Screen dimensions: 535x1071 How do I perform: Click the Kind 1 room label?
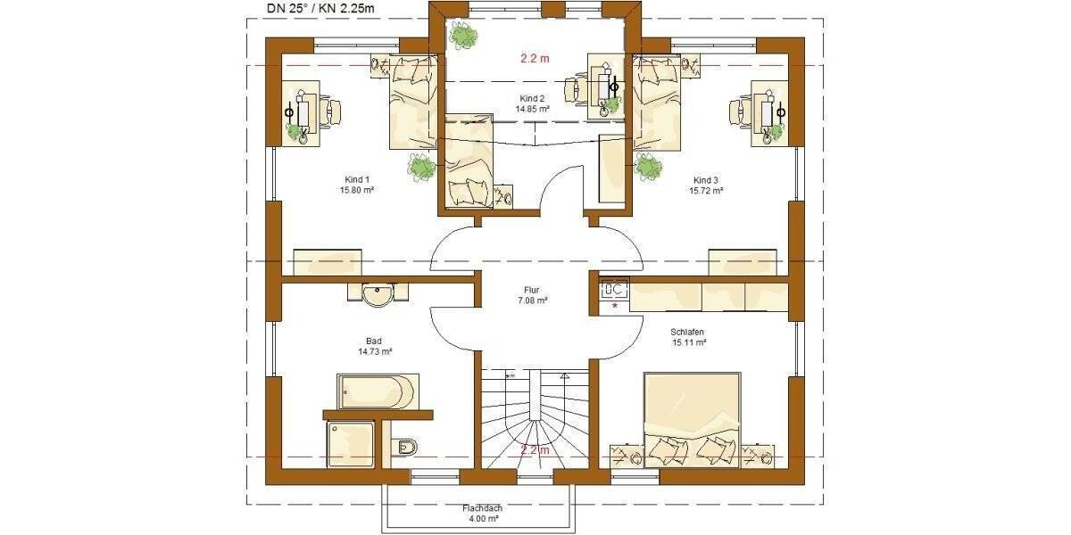(x=355, y=185)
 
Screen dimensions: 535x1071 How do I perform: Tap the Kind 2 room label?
(x=532, y=103)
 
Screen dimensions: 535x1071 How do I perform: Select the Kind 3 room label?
(x=705, y=185)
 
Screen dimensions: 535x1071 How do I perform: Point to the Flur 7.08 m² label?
(x=532, y=295)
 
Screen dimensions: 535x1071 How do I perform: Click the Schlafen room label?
(x=688, y=336)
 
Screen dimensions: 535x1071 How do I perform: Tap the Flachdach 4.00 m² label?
(x=482, y=514)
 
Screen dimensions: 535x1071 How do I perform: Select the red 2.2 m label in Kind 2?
(x=535, y=58)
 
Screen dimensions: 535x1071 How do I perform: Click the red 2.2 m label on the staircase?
(x=535, y=450)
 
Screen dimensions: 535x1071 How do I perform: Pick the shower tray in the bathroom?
(x=350, y=444)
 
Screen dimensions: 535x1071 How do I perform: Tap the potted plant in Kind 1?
(x=420, y=166)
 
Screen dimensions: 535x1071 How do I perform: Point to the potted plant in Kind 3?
(x=649, y=166)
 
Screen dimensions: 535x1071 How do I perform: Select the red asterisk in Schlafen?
(x=614, y=306)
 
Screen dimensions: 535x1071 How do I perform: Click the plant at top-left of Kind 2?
(x=463, y=36)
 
